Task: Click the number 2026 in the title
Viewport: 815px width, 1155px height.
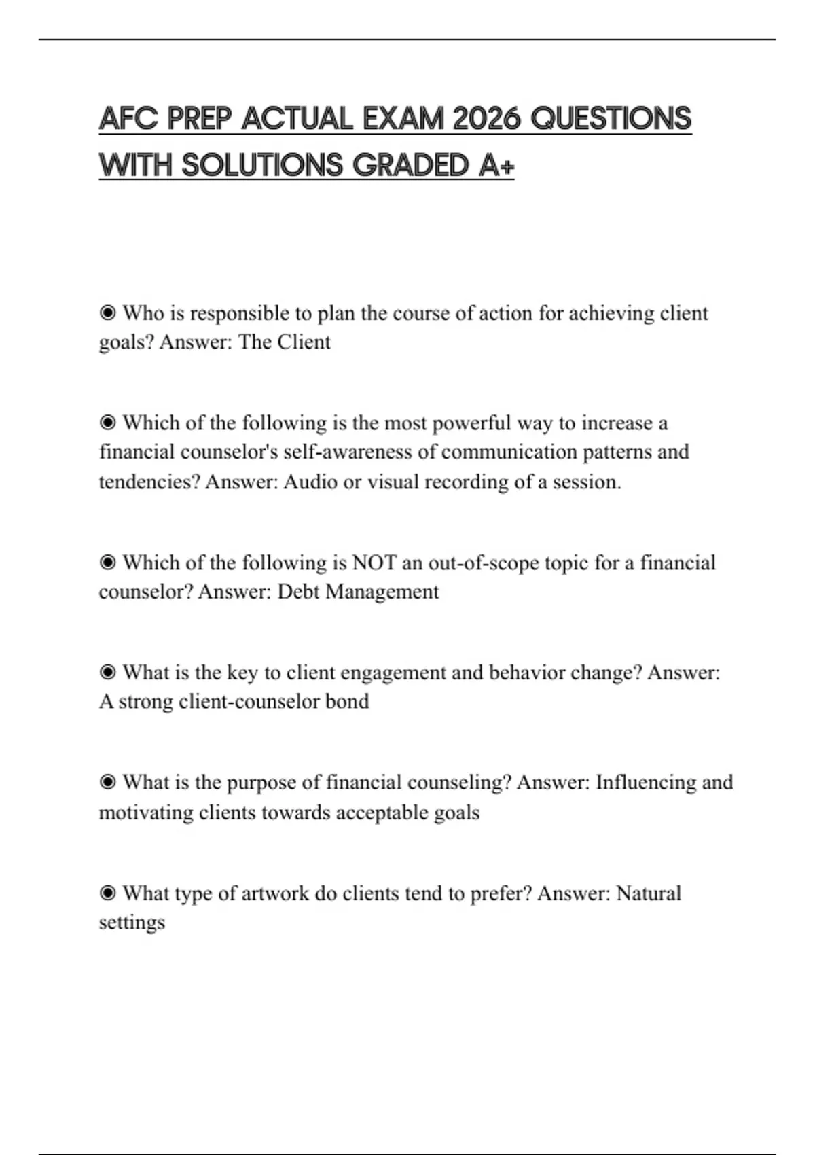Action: pyautogui.click(x=487, y=119)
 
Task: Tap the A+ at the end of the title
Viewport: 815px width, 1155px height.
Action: pyautogui.click(x=496, y=165)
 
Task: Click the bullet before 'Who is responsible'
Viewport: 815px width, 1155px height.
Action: pyautogui.click(x=107, y=313)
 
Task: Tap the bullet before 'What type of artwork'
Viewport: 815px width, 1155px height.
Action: pyautogui.click(x=107, y=893)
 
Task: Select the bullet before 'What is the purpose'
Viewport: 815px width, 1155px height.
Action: pyautogui.click(x=107, y=783)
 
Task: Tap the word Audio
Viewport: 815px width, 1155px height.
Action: pyautogui.click(x=310, y=482)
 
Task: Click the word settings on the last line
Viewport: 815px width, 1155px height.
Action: pyautogui.click(x=132, y=922)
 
